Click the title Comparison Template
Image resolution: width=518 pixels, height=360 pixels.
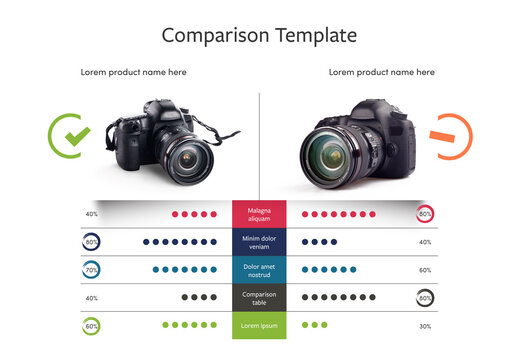259,35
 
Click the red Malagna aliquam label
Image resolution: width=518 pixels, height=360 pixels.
259,214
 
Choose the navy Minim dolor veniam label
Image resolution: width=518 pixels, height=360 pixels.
259,242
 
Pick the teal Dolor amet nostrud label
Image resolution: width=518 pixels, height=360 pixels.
259,270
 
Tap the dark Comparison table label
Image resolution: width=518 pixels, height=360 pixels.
259,297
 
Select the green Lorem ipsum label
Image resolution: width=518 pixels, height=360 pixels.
259,325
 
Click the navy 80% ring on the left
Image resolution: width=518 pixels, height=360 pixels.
92,242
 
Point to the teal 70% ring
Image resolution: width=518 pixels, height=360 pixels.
92,270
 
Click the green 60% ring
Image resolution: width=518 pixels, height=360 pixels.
92,325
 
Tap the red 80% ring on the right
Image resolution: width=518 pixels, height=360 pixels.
425,214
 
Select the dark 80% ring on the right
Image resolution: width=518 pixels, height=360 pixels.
425,297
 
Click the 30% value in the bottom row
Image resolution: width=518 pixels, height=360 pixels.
425,326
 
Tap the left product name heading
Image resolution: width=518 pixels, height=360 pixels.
133,72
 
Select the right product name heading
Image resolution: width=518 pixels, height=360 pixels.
381,72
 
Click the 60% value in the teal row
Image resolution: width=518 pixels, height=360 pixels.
425,270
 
